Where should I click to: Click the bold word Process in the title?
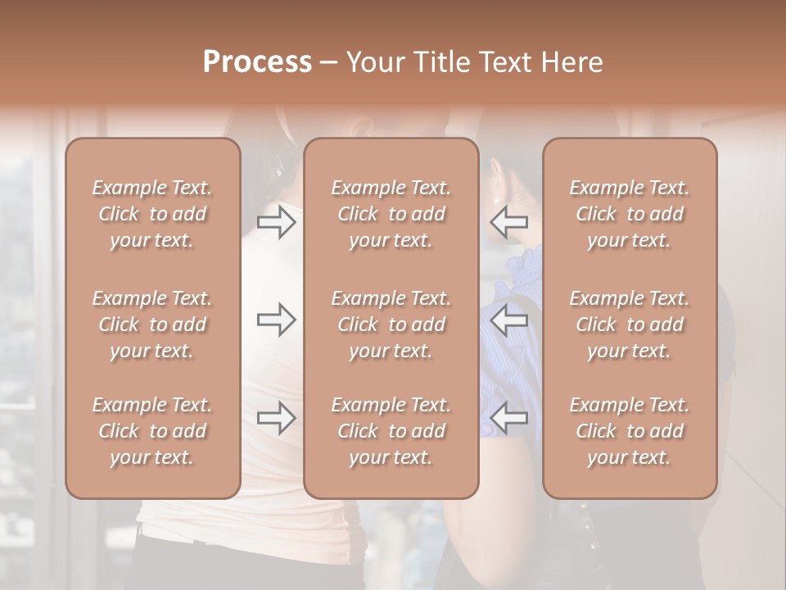click(257, 62)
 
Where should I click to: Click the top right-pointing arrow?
click(277, 222)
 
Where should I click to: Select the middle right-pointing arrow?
click(277, 320)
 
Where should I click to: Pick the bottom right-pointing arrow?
click(277, 418)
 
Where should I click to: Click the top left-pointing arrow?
click(508, 222)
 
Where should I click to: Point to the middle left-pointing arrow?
click(508, 320)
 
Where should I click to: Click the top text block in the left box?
click(152, 214)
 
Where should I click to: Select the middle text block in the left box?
click(152, 324)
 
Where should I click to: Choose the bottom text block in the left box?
click(152, 431)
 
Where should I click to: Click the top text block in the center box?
click(391, 214)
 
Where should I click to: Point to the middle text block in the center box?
click(391, 324)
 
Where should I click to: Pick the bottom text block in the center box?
click(391, 431)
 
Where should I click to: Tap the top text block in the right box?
click(630, 214)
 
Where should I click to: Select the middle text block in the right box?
click(630, 324)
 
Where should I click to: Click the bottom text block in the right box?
click(630, 431)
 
